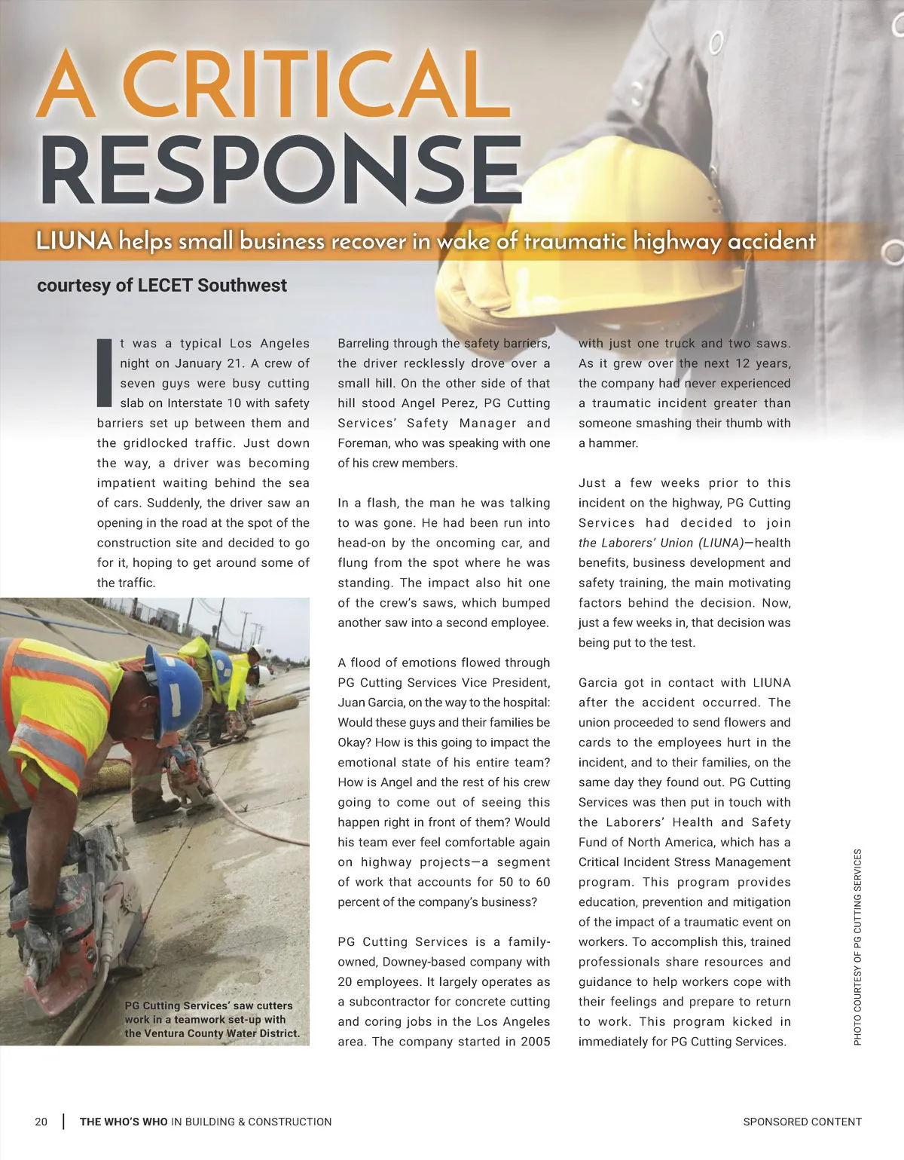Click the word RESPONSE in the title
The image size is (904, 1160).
[281, 169]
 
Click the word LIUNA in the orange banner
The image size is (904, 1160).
[74, 241]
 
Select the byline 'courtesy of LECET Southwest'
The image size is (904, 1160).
[162, 286]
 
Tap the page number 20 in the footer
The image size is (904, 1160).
[41, 1122]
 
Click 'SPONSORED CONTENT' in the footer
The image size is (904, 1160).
[802, 1122]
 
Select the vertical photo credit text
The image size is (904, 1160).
[857, 947]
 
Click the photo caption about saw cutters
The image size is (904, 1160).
[212, 1019]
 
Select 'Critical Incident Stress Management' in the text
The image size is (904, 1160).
[685, 862]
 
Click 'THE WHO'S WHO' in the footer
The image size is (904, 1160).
[124, 1122]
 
